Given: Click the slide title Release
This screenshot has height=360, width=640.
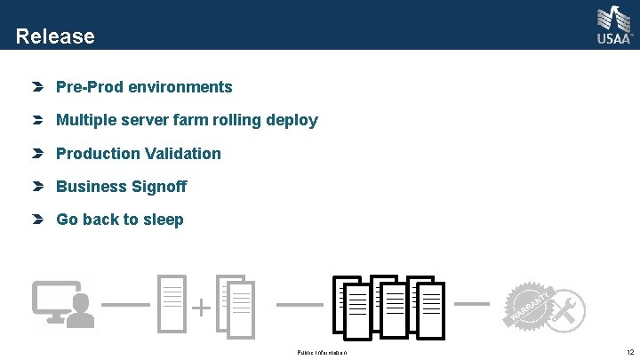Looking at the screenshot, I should pyautogui.click(x=55, y=36).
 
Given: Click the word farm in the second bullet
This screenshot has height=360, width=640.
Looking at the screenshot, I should pyautogui.click(x=180, y=120).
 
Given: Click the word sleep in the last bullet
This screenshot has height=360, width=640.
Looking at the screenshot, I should pyautogui.click(x=163, y=220).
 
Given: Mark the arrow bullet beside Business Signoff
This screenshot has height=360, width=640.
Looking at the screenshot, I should pyautogui.click(x=36, y=187).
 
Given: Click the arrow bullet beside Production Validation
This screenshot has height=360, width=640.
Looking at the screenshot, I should pyautogui.click(x=36, y=154).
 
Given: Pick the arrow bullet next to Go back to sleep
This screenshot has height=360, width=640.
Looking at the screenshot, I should pyautogui.click(x=36, y=220).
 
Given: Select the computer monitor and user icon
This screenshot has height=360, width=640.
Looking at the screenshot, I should pyautogui.click(x=62, y=305).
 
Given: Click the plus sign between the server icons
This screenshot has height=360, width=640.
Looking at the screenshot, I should pyautogui.click(x=203, y=308).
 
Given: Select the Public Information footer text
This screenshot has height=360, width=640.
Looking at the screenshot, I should pyautogui.click(x=322, y=353).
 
